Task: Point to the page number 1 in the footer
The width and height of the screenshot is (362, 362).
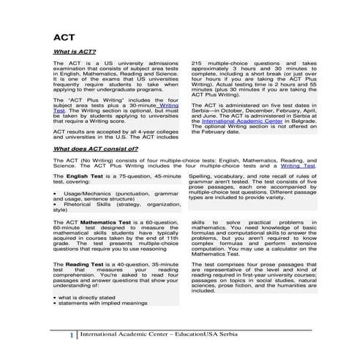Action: click(71, 337)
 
